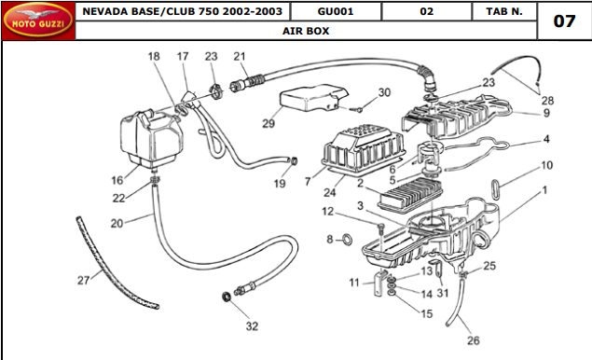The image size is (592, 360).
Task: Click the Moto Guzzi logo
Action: [38, 21]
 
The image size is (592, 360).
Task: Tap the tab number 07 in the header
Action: [564, 21]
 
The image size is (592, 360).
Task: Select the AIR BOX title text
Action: [306, 31]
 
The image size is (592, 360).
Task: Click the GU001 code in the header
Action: [336, 11]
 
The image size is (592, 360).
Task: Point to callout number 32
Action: [252, 326]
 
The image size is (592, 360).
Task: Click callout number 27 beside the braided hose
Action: [83, 281]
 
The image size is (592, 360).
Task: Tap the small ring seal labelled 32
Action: [227, 297]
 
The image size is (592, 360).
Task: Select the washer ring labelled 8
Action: [347, 240]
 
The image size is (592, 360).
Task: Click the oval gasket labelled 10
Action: [496, 189]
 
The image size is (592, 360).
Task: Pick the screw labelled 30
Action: [355, 109]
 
